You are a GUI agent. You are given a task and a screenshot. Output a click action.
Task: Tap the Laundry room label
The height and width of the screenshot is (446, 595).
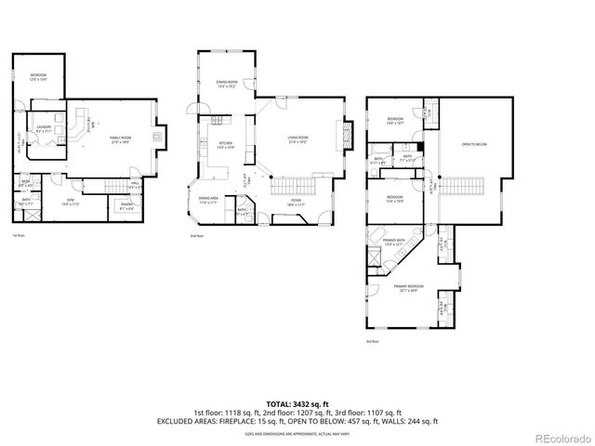coord(44,129)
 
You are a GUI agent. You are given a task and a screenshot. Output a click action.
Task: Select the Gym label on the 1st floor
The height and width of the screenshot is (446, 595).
coord(71,201)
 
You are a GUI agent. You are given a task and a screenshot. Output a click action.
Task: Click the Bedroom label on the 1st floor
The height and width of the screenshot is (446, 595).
coord(38,76)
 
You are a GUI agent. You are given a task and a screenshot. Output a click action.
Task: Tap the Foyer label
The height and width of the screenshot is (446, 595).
coord(295,202)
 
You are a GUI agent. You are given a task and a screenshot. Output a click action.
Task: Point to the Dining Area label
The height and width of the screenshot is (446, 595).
coord(209,201)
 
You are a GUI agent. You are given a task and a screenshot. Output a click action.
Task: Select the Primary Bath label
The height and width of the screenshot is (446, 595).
coord(393,242)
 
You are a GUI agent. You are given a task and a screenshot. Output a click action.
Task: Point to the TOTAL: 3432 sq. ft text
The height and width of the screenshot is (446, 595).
coord(297,403)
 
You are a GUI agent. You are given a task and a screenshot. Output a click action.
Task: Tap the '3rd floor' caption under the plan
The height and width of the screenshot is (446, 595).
coord(372,342)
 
